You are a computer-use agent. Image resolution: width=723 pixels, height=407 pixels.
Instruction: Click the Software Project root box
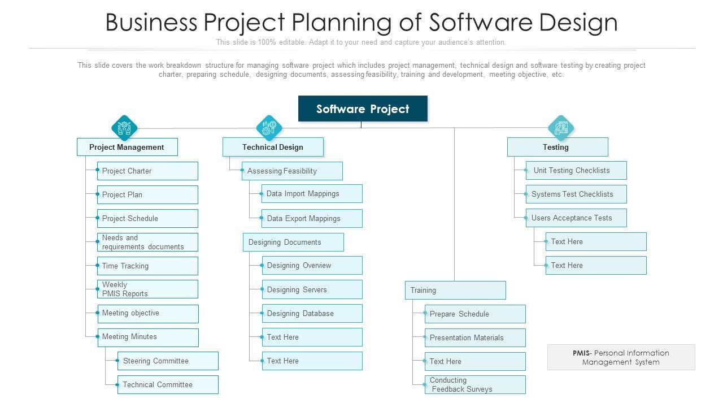point(363,109)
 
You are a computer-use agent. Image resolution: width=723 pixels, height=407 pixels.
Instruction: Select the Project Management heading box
point(127,147)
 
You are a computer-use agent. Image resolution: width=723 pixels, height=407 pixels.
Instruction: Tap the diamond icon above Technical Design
point(269,128)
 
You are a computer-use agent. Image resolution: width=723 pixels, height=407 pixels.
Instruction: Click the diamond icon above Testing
point(561,128)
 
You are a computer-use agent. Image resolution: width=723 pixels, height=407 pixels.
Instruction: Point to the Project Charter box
point(147,171)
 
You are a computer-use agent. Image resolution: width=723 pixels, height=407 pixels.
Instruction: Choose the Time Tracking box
point(147,266)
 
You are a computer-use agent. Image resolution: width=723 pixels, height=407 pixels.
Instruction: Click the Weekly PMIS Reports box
point(147,289)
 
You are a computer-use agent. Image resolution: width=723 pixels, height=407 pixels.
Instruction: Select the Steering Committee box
point(168,361)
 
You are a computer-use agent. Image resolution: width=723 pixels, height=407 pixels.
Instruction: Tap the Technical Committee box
point(168,384)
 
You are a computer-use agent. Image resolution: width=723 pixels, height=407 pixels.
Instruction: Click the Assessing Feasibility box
point(292,171)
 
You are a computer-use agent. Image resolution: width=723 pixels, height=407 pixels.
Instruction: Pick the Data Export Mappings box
point(312,218)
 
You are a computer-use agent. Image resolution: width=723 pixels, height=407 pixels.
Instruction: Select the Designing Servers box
point(312,289)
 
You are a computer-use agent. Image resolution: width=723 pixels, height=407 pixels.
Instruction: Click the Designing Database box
point(312,313)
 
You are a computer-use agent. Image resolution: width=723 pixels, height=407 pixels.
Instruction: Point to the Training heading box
point(455,290)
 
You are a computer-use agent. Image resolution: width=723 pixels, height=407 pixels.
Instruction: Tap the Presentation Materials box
point(475,337)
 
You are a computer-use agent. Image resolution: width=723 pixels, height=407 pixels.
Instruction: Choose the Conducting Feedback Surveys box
point(475,384)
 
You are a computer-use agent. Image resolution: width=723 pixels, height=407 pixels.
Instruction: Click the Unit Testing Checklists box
point(576,170)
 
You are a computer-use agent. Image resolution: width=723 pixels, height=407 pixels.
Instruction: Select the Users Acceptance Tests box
point(576,218)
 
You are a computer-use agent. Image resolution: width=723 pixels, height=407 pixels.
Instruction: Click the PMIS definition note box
point(621,357)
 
